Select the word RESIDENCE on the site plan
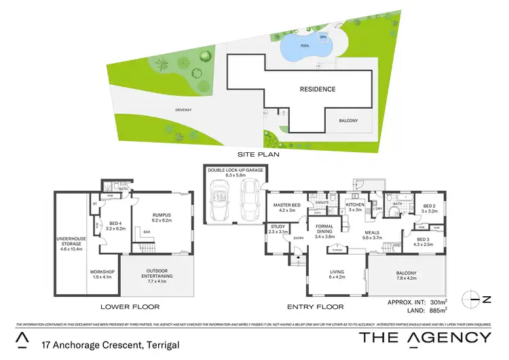318,89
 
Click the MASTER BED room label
286,205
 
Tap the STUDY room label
278,227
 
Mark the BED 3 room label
423,239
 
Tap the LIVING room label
336,272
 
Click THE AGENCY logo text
424,338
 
